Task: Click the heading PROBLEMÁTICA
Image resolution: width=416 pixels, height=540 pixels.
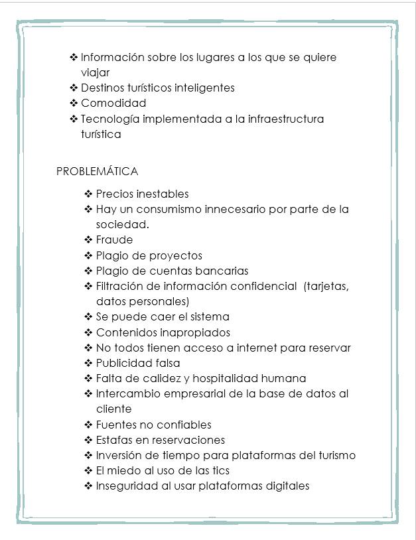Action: click(98, 172)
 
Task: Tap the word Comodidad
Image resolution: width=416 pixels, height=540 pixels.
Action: click(113, 103)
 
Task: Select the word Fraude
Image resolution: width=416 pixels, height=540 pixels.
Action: click(114, 240)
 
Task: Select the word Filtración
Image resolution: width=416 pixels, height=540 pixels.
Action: click(121, 286)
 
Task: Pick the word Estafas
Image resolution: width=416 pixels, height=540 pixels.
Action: click(114, 440)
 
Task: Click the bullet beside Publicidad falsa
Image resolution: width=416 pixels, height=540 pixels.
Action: click(88, 364)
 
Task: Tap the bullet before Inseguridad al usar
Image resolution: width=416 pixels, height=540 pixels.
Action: click(88, 486)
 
